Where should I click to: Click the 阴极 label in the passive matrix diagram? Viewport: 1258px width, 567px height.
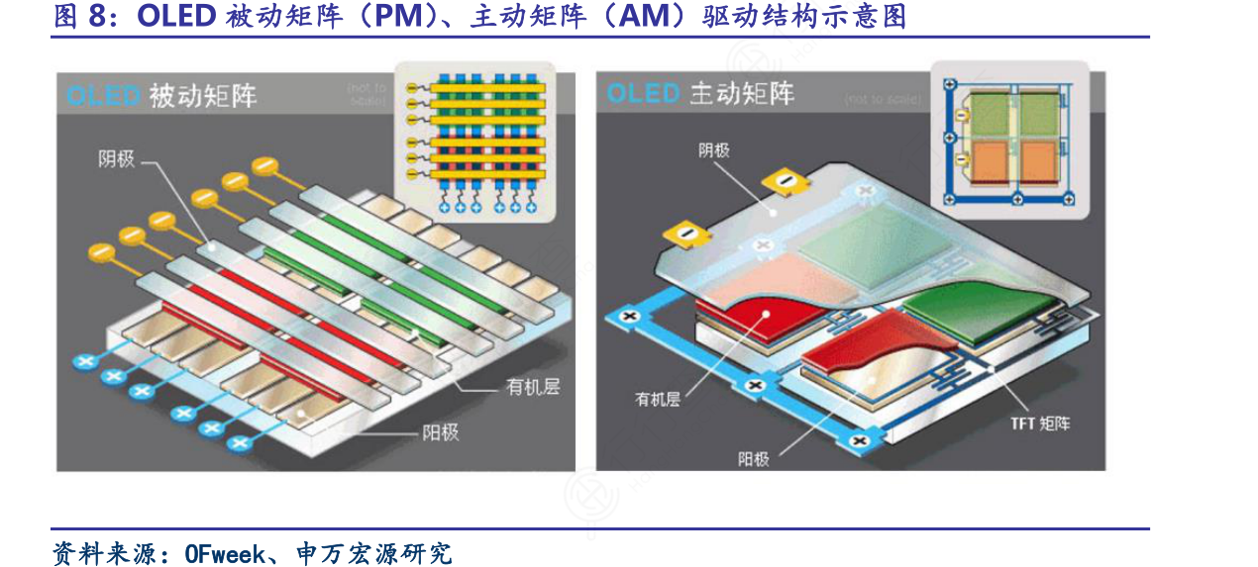pyautogui.click(x=116, y=158)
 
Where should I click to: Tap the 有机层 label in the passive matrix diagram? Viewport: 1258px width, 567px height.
pyautogui.click(x=533, y=387)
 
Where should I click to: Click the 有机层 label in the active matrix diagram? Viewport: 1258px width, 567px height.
pyautogui.click(x=657, y=399)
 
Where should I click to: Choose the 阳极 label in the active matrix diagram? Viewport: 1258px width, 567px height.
pyautogui.click(x=753, y=458)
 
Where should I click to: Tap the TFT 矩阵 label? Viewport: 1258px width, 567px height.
pyautogui.click(x=1040, y=424)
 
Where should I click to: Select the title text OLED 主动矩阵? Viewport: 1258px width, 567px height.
pyautogui.click(x=700, y=94)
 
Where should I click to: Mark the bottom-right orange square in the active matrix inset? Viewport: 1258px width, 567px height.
pyautogui.click(x=1038, y=161)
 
